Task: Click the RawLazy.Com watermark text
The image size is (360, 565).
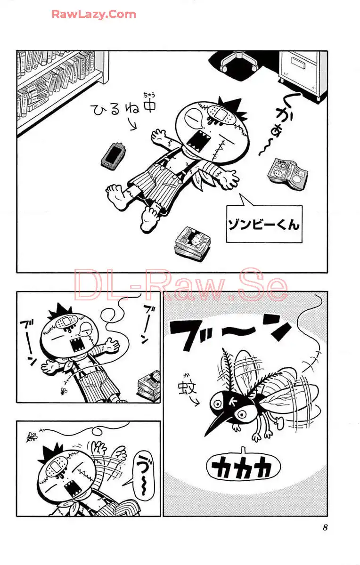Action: (94, 15)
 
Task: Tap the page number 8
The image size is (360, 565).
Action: (325, 527)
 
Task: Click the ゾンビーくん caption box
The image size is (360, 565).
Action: (264, 224)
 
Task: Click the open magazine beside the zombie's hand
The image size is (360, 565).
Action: (288, 174)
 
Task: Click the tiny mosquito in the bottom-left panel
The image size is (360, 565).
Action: (32, 436)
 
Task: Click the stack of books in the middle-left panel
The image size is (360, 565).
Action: (149, 387)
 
